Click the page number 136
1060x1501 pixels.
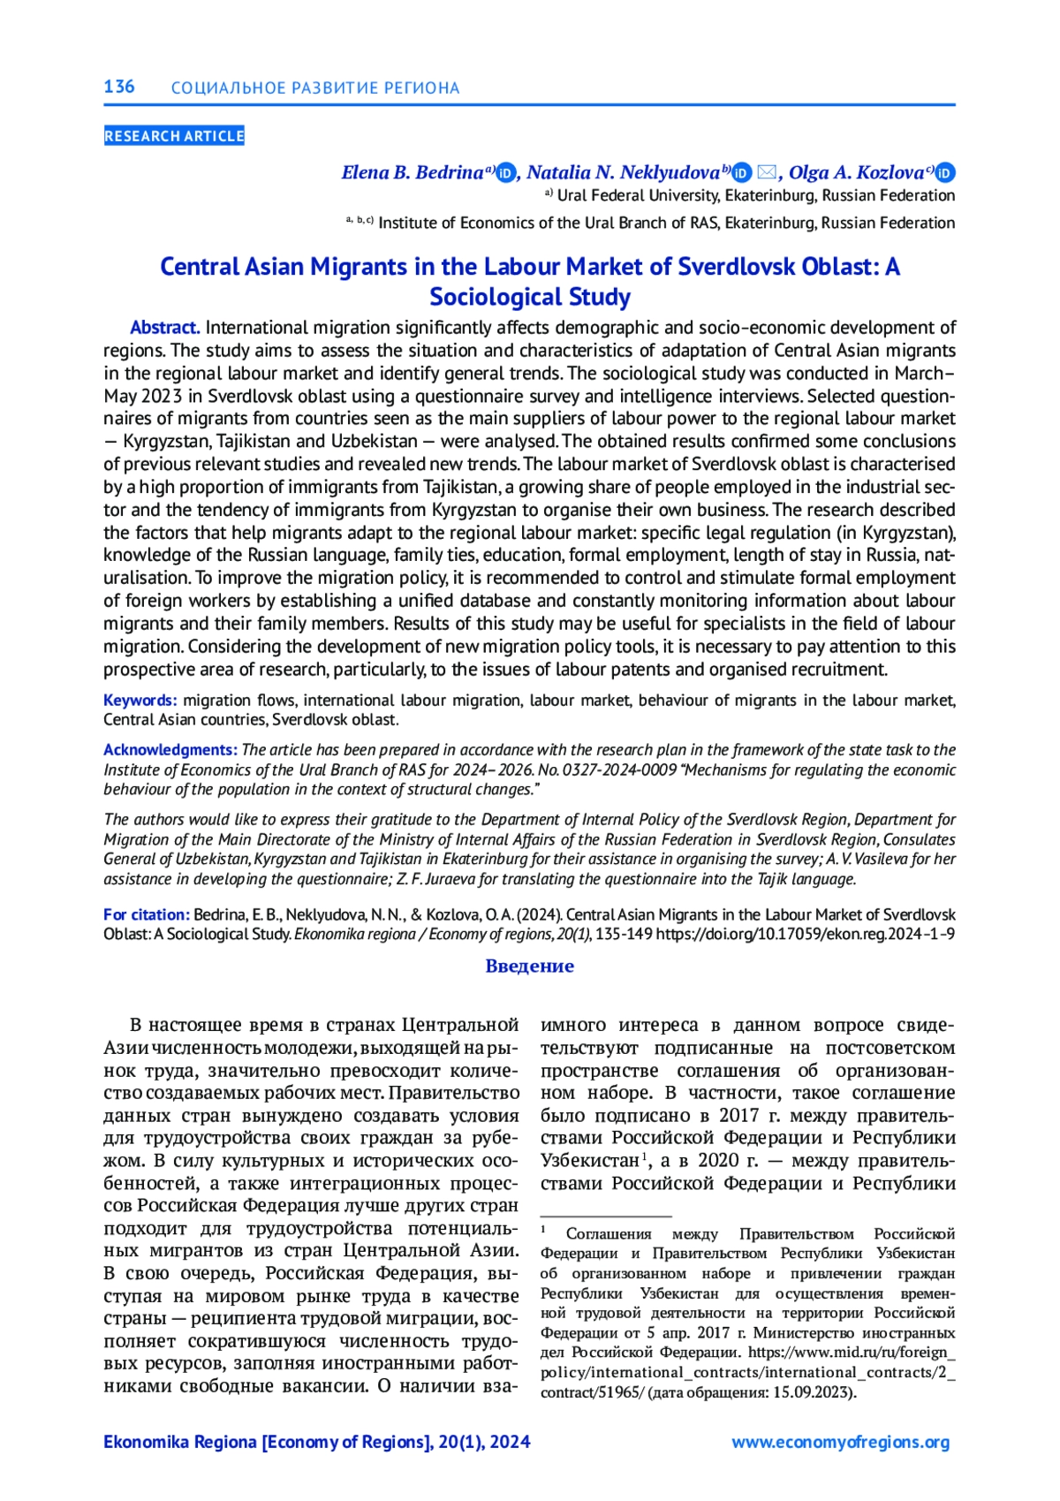tap(119, 87)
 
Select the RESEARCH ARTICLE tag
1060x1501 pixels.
tap(174, 136)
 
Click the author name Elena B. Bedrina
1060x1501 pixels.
tap(413, 172)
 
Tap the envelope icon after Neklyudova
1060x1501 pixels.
tap(767, 172)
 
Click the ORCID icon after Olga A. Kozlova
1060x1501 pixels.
tap(945, 173)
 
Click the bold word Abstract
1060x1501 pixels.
tap(165, 328)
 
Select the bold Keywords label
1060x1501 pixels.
tap(140, 701)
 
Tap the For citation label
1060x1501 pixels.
tap(147, 914)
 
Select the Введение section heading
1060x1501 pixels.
tap(529, 966)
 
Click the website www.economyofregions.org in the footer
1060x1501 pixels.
tap(840, 1442)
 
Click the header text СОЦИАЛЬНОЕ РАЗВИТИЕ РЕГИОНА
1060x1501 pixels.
tap(315, 88)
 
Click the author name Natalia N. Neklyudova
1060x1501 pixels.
tap(623, 172)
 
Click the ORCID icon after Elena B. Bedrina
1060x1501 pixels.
tap(505, 173)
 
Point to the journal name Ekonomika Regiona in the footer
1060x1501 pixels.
tap(180, 1442)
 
